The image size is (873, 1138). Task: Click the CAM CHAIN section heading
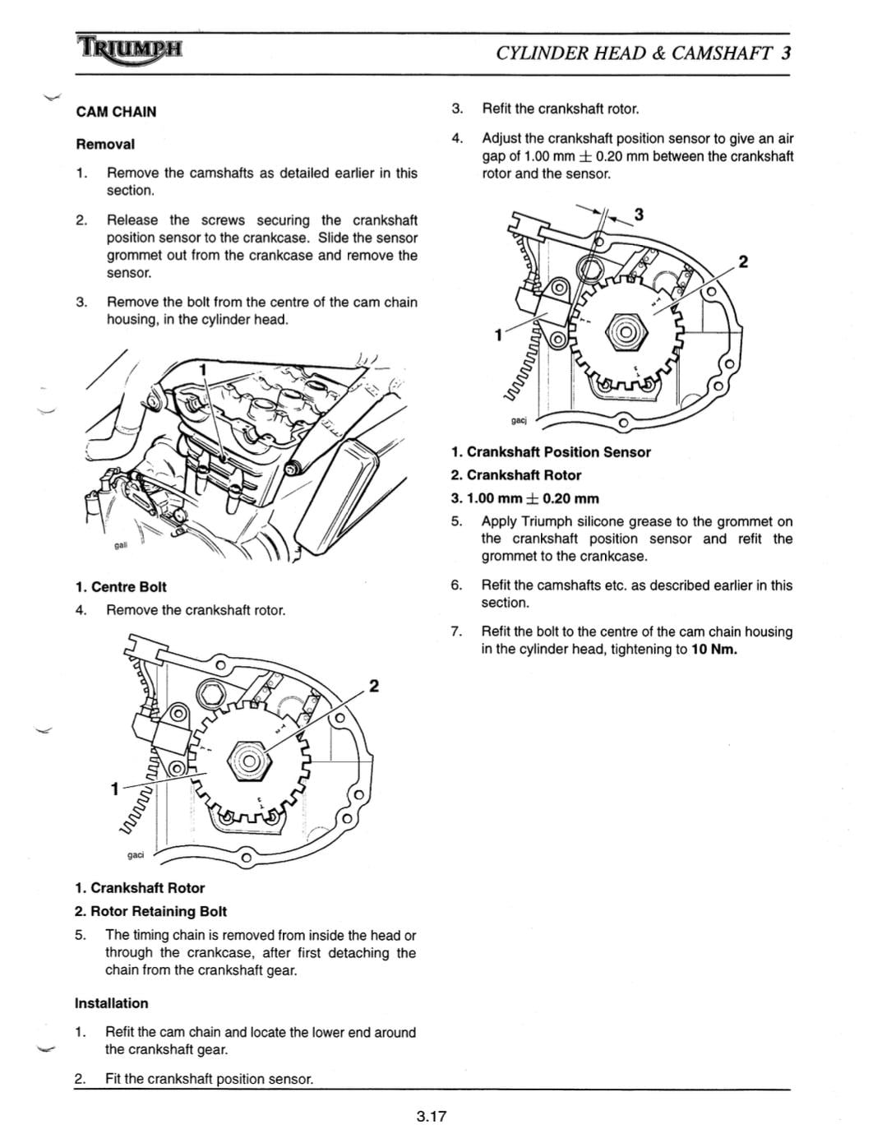coord(116,112)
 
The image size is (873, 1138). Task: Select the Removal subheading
coord(105,144)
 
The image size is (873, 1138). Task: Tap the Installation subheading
coord(111,1003)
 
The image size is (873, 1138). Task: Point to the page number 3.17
coord(430,1116)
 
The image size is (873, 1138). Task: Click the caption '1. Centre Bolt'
coord(121,587)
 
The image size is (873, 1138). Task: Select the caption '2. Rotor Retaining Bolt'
coord(150,911)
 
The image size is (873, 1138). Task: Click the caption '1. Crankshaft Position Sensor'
coord(551,452)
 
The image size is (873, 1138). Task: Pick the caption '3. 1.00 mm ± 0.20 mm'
coord(525,498)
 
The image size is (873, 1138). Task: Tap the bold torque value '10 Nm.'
coord(714,650)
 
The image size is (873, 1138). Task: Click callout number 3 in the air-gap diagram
coord(639,215)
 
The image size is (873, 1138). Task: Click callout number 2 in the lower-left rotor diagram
coord(374,686)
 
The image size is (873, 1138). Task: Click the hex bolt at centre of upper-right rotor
coord(623,332)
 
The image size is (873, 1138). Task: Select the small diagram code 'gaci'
coord(136,854)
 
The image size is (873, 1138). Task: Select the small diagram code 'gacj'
coord(518,420)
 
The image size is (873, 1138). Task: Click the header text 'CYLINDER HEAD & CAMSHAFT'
coord(635,53)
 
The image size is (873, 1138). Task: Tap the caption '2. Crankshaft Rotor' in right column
coord(516,475)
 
